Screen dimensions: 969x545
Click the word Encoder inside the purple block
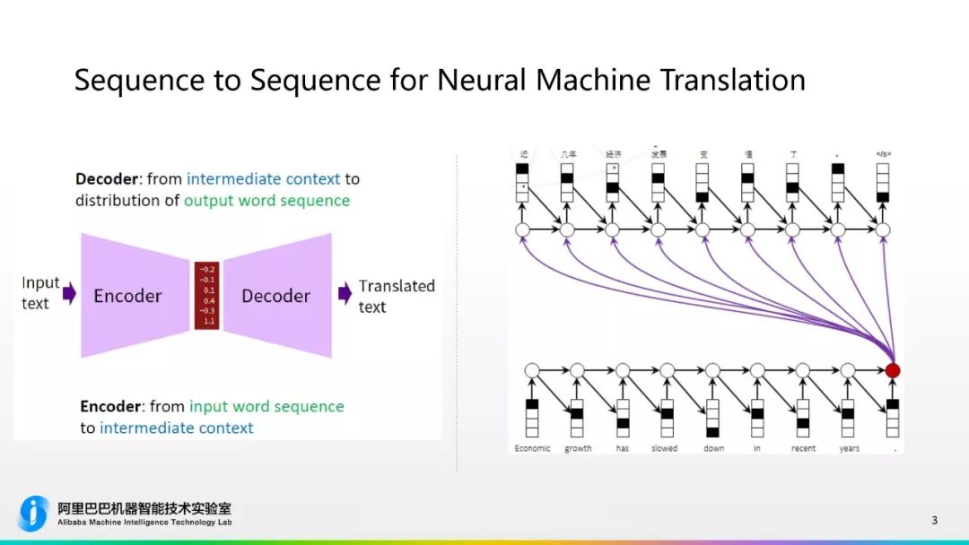pos(127,296)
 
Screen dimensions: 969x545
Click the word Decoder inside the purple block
pos(275,296)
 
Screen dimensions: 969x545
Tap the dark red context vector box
pos(207,295)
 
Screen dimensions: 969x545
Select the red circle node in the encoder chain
pos(892,370)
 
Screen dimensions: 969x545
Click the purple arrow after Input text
pos(68,293)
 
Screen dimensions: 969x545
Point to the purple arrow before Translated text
pos(345,293)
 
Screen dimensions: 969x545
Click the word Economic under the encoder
pos(532,448)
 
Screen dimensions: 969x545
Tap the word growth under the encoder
pos(578,448)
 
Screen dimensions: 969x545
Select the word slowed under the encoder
pos(665,448)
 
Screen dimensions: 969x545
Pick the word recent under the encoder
pos(803,448)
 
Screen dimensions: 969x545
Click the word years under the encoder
pos(849,448)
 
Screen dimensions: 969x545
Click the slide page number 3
pos(934,520)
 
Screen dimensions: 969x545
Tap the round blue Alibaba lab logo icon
pos(34,513)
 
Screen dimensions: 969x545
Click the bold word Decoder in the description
pos(107,178)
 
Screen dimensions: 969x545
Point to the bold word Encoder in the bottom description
pos(110,406)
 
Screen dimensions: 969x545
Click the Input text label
pos(40,293)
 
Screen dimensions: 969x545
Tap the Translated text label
pos(396,296)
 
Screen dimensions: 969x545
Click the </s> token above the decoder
pos(883,154)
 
